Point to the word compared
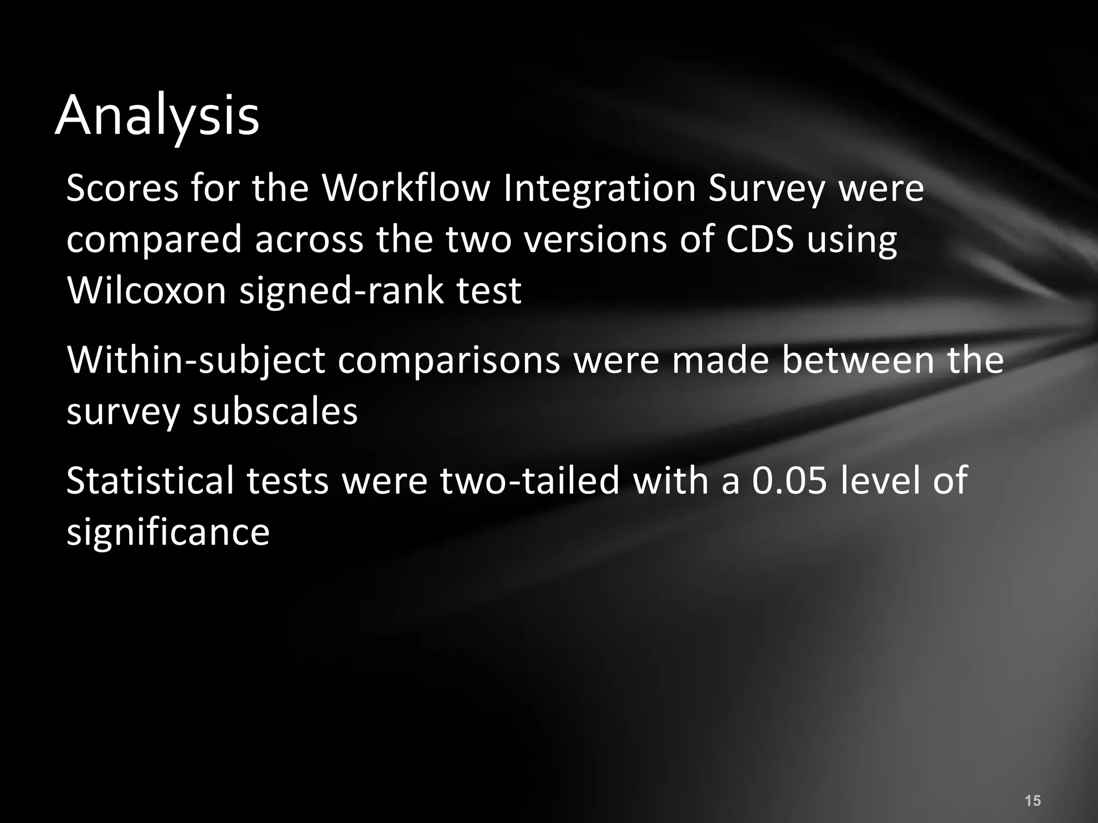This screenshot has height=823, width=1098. coord(154,240)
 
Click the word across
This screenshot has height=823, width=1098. coord(309,240)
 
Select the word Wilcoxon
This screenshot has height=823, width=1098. coord(146,290)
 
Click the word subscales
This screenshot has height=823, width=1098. coord(274,411)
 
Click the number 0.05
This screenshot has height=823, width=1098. coord(790,481)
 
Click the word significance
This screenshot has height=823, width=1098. coord(168,532)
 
